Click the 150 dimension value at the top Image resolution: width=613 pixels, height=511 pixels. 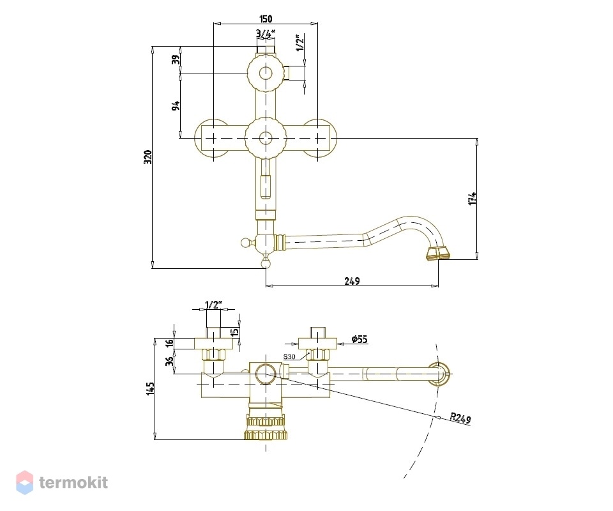(266, 19)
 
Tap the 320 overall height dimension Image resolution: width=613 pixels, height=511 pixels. (148, 157)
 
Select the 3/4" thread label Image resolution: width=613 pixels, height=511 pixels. (266, 34)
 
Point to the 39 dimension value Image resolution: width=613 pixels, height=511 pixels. (176, 59)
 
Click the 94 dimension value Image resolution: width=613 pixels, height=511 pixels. (176, 105)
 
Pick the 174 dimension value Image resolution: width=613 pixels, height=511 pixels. (473, 198)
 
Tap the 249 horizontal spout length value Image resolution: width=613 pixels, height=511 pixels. (352, 280)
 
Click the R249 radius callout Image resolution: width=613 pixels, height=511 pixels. (460, 418)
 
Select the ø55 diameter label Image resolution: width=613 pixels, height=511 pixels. (359, 339)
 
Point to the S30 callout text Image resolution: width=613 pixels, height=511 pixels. (289, 356)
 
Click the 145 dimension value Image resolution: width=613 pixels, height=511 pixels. (151, 388)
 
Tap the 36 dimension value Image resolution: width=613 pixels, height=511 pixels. (169, 362)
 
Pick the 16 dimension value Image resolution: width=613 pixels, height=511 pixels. (169, 343)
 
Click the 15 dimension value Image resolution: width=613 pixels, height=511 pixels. (234, 332)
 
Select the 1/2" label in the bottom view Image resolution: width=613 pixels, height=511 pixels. (213, 305)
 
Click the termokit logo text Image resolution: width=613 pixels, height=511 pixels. (73, 482)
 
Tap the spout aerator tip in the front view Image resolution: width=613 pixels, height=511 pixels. (438, 254)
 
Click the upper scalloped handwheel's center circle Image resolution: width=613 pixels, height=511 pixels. (266, 73)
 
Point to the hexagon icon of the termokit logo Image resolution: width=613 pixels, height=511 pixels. (24, 482)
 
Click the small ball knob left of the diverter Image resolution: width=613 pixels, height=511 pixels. (245, 243)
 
